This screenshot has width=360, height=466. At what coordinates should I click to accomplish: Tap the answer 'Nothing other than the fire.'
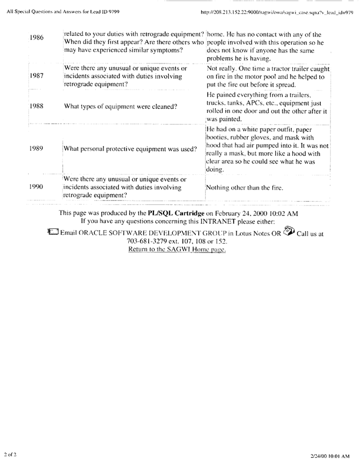pos(245,188)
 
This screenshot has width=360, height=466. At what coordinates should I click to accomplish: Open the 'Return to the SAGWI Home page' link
pos(176,249)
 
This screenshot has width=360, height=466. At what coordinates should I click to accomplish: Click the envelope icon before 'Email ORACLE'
pos(52,232)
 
